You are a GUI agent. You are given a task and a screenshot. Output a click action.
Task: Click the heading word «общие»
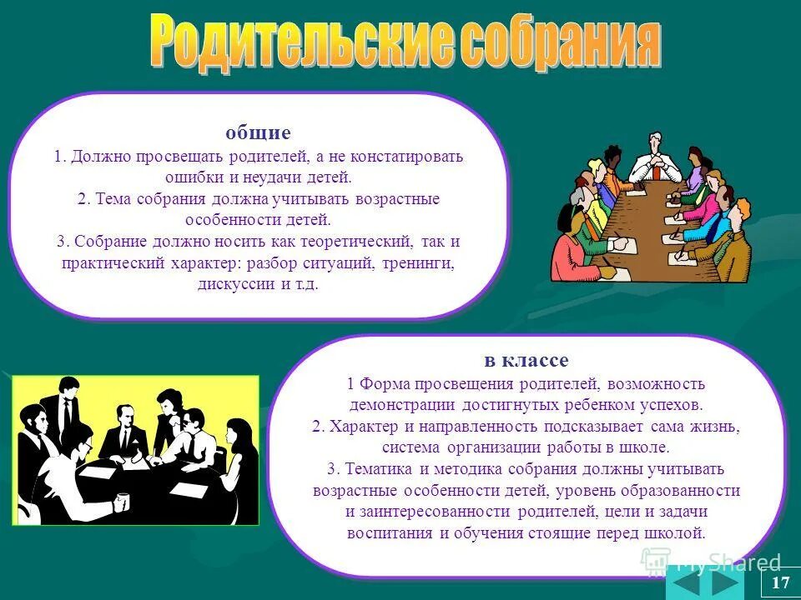[258, 132]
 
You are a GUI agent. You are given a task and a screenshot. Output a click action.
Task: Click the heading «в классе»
[526, 360]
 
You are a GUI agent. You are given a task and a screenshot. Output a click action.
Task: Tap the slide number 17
[781, 582]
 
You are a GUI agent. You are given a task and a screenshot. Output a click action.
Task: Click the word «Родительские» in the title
[296, 42]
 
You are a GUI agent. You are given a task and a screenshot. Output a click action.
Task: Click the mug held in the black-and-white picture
[122, 502]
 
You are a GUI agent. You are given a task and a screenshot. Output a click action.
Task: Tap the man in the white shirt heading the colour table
[654, 158]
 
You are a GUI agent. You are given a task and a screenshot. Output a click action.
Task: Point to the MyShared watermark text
[729, 563]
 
